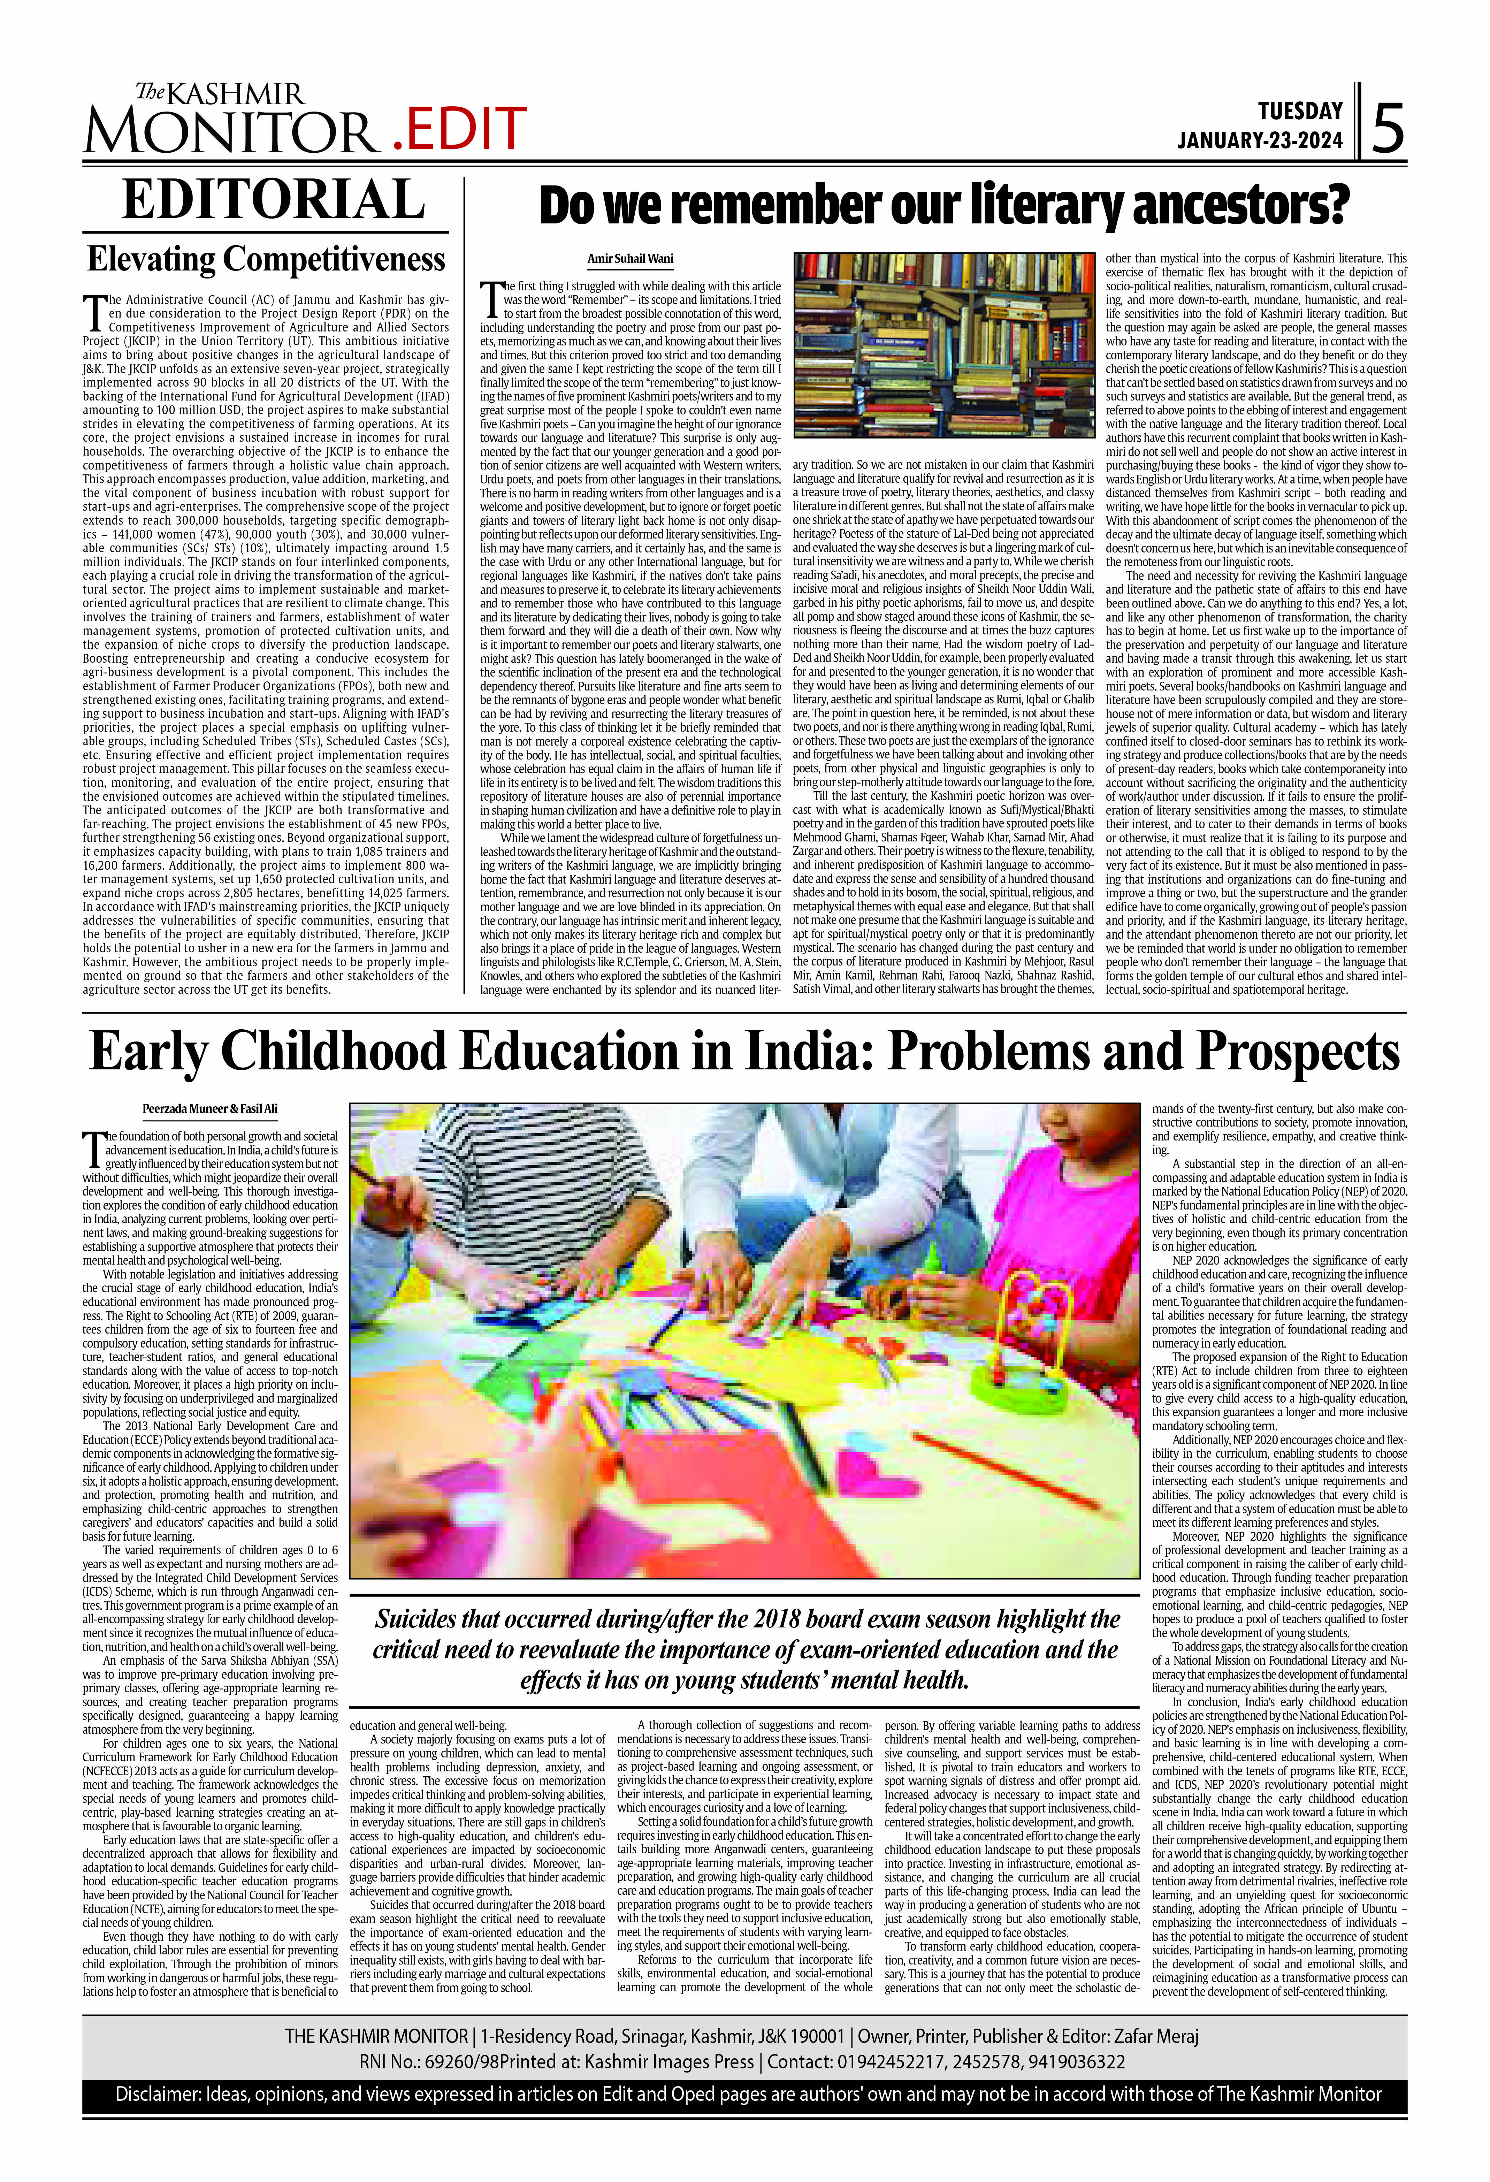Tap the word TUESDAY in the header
coord(1300,111)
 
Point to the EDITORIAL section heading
coord(273,199)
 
